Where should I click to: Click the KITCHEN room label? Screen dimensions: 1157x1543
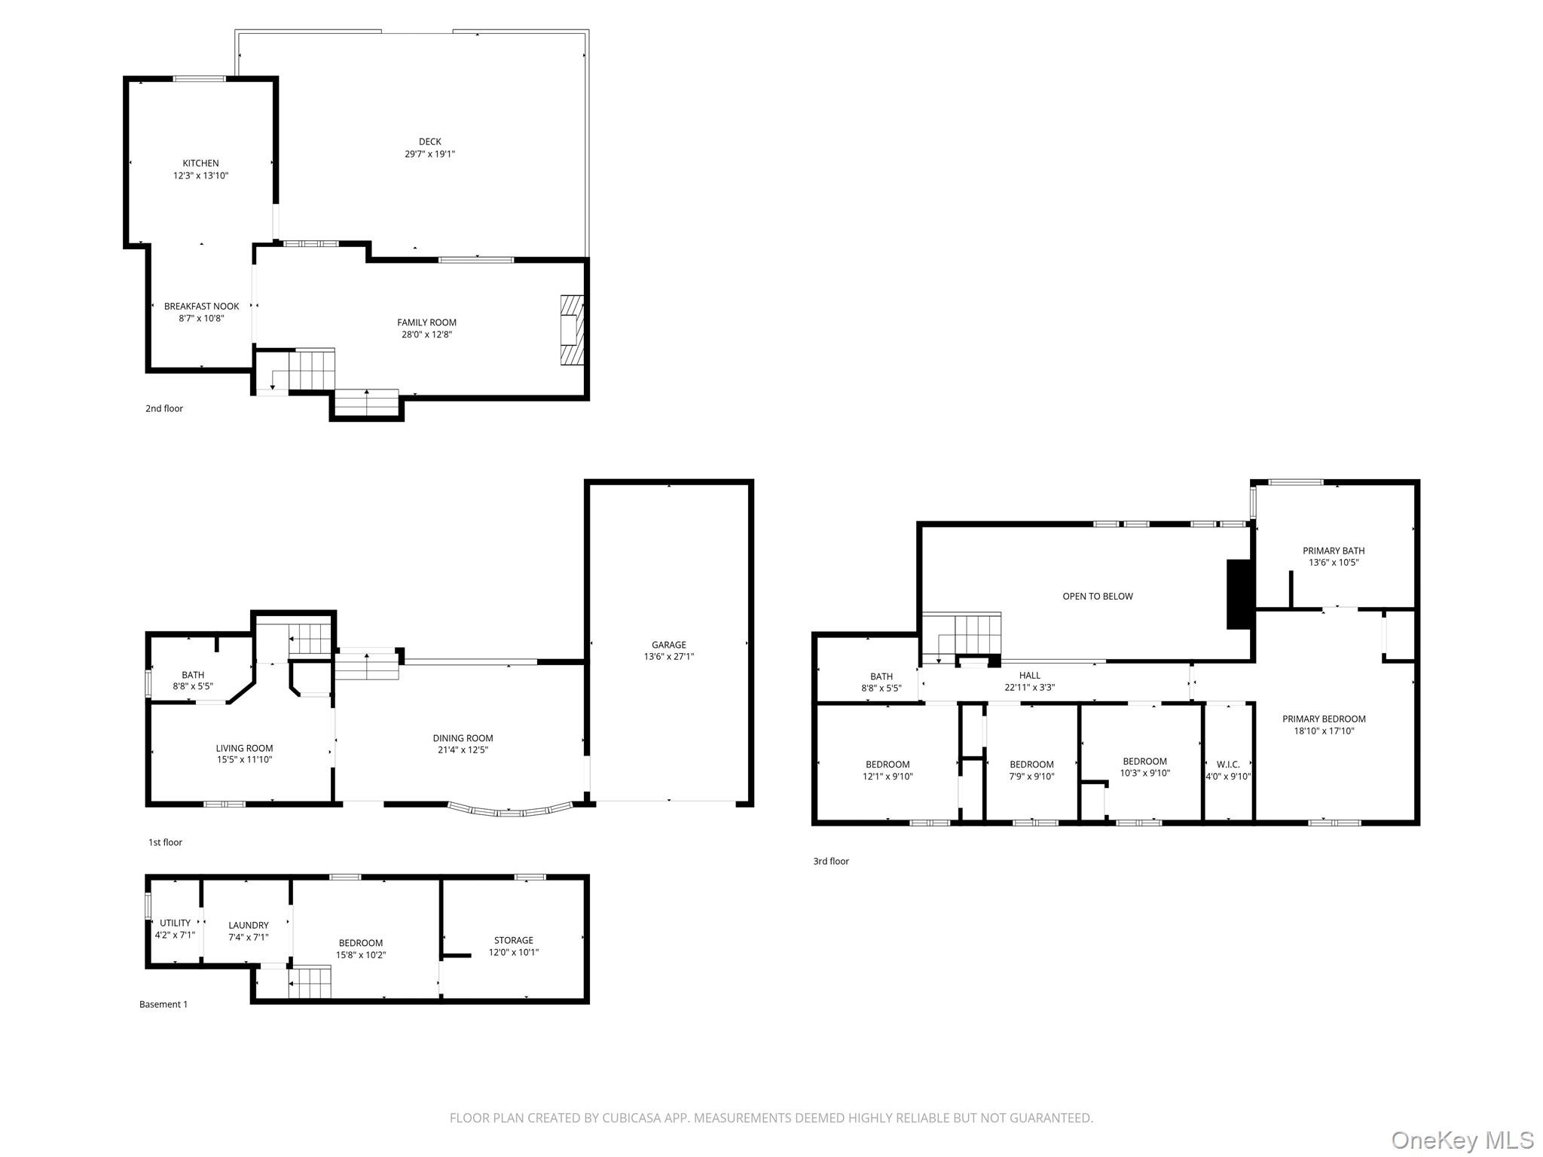200,163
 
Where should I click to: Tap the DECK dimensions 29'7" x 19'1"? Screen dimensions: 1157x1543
429,154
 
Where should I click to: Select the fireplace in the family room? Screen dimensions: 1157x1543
572,330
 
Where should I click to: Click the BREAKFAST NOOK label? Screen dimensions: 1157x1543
201,307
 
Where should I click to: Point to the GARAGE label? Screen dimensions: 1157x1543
668,645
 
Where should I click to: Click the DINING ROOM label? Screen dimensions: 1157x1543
463,738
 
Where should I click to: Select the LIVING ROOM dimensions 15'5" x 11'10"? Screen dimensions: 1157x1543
244,760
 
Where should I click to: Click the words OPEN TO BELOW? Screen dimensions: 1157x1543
1097,597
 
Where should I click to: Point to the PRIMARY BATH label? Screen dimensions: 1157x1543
1333,551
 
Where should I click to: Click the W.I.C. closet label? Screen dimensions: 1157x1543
1227,765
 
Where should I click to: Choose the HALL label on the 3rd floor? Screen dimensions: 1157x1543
1029,676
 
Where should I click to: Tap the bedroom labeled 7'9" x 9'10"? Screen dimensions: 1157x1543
1031,771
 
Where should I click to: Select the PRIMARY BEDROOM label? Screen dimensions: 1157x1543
1324,719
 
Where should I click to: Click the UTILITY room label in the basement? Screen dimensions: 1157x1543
175,923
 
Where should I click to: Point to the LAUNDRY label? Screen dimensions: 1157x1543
248,926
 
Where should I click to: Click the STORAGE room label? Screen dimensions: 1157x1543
513,941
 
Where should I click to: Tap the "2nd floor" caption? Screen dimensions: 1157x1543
164,408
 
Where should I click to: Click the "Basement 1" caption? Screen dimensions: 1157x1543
163,1004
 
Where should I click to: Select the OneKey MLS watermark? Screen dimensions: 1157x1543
1462,1140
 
